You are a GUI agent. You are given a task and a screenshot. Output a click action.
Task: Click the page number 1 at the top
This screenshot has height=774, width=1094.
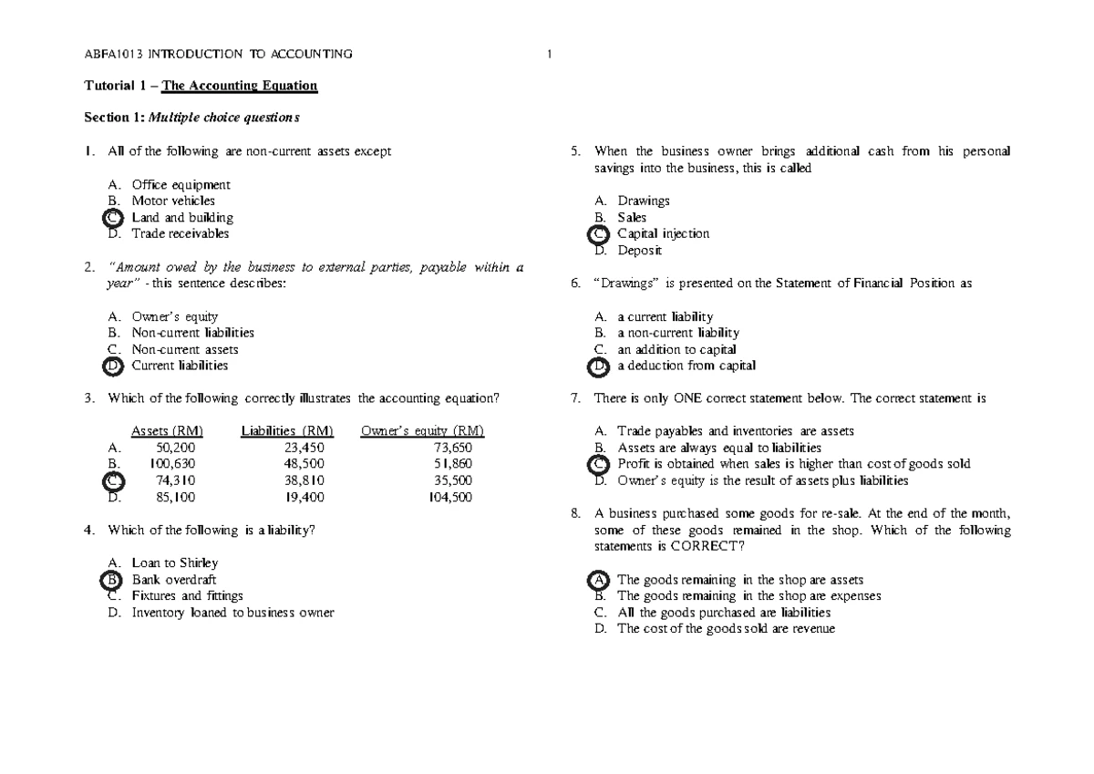(550, 55)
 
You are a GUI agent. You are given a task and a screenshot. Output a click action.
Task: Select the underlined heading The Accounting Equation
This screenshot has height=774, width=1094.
(239, 86)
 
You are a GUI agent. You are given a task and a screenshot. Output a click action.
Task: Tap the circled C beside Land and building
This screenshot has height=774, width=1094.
(112, 218)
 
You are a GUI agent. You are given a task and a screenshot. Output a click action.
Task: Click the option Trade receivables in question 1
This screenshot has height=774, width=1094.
(181, 233)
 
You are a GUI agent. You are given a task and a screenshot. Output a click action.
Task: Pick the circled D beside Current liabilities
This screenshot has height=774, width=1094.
(112, 366)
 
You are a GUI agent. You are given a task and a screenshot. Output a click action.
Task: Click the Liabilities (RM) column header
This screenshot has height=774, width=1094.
(287, 431)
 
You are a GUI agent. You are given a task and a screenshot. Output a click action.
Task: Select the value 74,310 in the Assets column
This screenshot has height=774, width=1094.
(175, 480)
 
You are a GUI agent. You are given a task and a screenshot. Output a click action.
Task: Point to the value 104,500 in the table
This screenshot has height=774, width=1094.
(449, 497)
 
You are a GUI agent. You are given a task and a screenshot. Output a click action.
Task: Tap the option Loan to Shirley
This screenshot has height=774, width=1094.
(175, 563)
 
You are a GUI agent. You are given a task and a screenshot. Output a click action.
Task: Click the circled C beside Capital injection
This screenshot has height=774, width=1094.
(598, 234)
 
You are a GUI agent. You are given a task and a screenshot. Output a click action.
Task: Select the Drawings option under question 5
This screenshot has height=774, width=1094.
(643, 201)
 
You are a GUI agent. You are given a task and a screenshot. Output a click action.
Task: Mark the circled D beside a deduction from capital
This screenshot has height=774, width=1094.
(598, 366)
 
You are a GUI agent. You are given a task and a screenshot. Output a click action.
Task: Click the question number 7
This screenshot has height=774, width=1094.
(574, 398)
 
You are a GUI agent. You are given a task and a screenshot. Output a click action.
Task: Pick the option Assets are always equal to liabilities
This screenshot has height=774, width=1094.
(718, 448)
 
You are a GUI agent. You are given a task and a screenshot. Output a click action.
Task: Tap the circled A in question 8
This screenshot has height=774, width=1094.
(598, 580)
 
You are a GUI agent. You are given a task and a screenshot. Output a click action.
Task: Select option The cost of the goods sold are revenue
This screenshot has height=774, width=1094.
(726, 629)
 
